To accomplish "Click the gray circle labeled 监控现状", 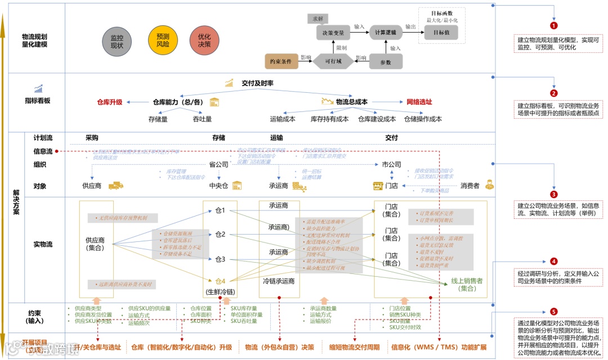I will click(117, 41).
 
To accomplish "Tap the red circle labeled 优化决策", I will click(204, 40).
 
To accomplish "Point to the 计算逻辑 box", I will click(386, 33).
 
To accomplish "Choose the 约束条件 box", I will click(280, 61).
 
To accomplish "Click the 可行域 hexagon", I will click(333, 61).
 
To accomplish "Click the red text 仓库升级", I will click(109, 102).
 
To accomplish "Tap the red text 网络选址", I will click(419, 102).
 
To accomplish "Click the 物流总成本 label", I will click(351, 102).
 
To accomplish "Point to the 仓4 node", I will click(220, 281).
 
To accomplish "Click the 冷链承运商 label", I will click(279, 281).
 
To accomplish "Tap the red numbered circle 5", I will click(554, 311).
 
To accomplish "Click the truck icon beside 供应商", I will click(115, 185).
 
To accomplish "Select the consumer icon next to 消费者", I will click(489, 184).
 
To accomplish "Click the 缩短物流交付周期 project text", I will click(355, 347).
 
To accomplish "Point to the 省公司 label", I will click(218, 165).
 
